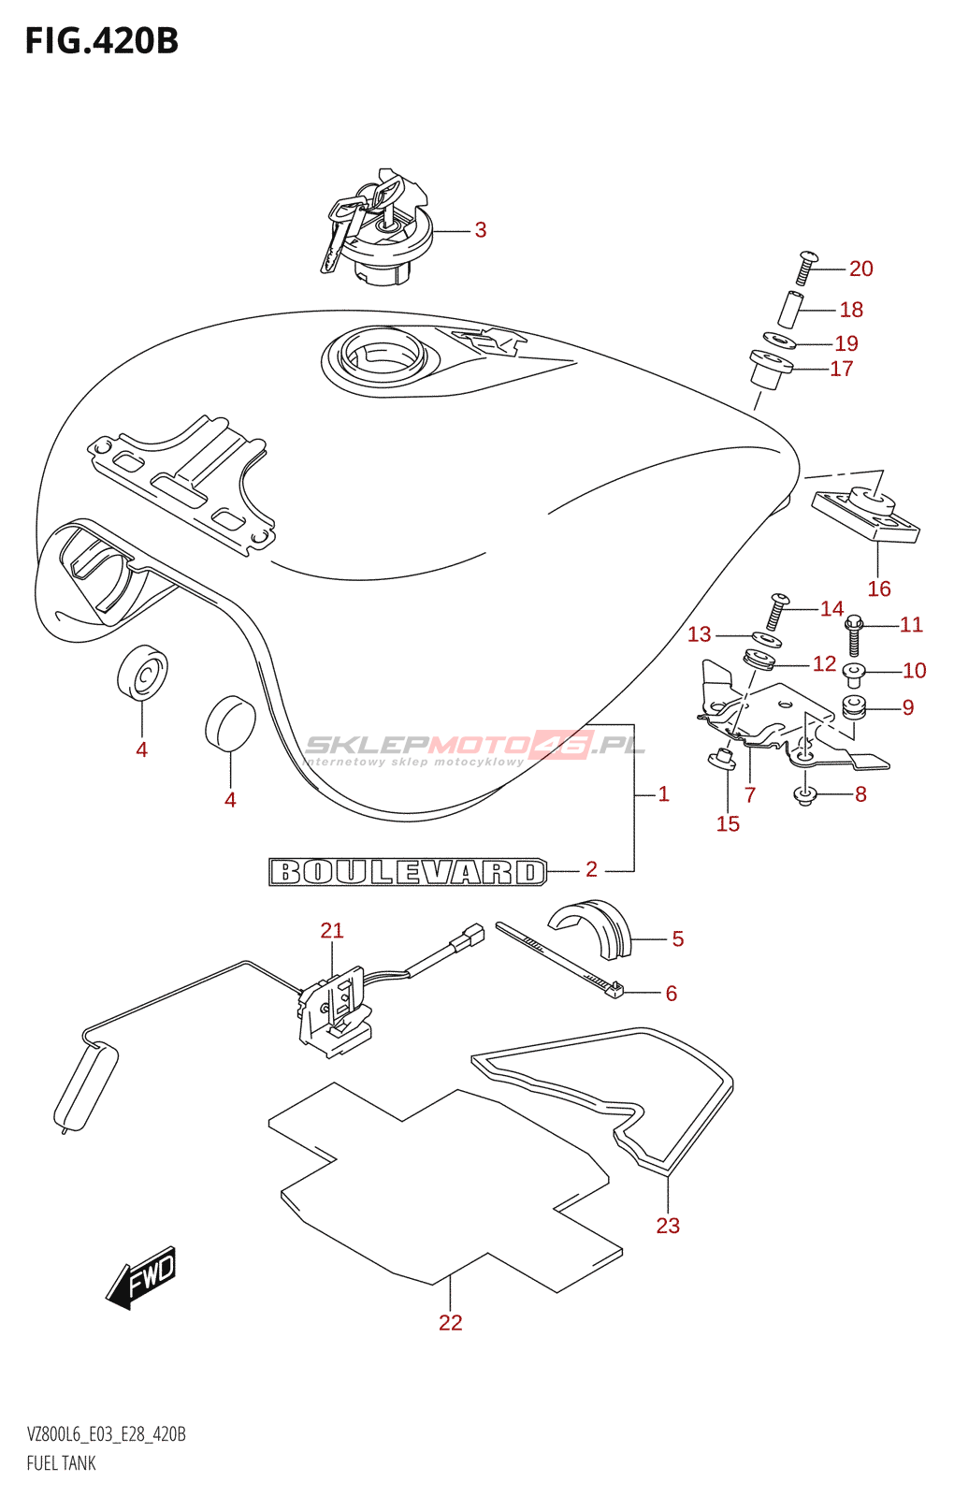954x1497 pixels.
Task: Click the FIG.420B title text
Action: (101, 41)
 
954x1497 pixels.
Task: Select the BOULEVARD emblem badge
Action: (408, 872)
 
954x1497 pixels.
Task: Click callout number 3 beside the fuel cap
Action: (481, 230)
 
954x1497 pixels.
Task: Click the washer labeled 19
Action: (779, 341)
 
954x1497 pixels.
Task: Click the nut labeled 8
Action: (805, 795)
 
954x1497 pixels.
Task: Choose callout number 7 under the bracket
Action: (750, 795)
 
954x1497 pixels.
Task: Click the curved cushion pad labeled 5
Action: (591, 926)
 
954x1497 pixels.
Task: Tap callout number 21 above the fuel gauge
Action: (332, 930)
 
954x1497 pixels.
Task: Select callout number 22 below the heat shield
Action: (451, 1322)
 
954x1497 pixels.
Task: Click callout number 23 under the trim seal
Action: (668, 1226)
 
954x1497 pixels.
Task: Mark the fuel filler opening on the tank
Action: (374, 356)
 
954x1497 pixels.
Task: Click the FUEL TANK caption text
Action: (62, 1463)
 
